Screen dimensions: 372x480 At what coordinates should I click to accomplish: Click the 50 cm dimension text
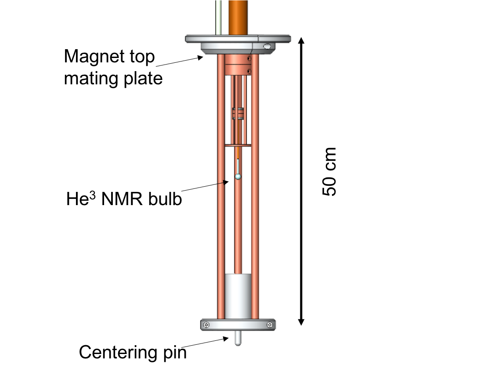tap(329, 171)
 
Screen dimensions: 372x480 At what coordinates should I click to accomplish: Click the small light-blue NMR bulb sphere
tap(238, 177)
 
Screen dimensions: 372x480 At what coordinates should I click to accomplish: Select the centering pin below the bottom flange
tap(238, 338)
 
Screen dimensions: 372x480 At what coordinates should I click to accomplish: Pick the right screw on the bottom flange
tap(269, 325)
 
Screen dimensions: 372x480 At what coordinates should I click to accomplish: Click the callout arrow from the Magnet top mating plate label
tap(180, 61)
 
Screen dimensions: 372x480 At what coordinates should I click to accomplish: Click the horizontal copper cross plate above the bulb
tap(238, 145)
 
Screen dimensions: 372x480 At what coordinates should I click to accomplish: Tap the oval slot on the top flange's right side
tap(267, 46)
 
